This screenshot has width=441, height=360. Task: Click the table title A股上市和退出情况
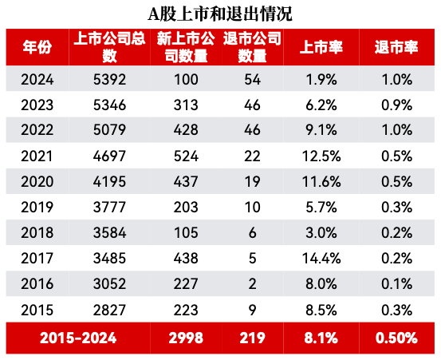click(220, 14)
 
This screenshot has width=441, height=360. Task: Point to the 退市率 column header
click(396, 47)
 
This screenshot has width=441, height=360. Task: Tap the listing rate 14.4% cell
click(322, 259)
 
